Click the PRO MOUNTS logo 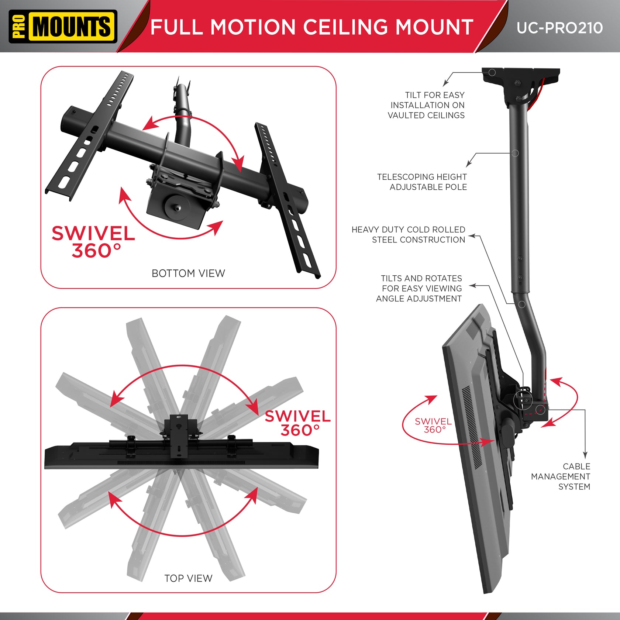point(63,27)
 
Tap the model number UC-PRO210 point(559,28)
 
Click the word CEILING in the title point(345,27)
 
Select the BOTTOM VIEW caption point(188,273)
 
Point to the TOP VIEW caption point(188,578)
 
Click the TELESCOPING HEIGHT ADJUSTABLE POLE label point(422,182)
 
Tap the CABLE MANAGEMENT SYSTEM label point(561,476)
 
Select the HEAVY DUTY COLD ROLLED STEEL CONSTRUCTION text point(409,235)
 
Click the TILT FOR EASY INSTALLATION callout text point(427,105)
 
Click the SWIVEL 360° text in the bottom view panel point(93,242)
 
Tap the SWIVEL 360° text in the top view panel point(298,423)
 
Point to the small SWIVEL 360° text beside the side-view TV point(433,426)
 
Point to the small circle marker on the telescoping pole point(515,153)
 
